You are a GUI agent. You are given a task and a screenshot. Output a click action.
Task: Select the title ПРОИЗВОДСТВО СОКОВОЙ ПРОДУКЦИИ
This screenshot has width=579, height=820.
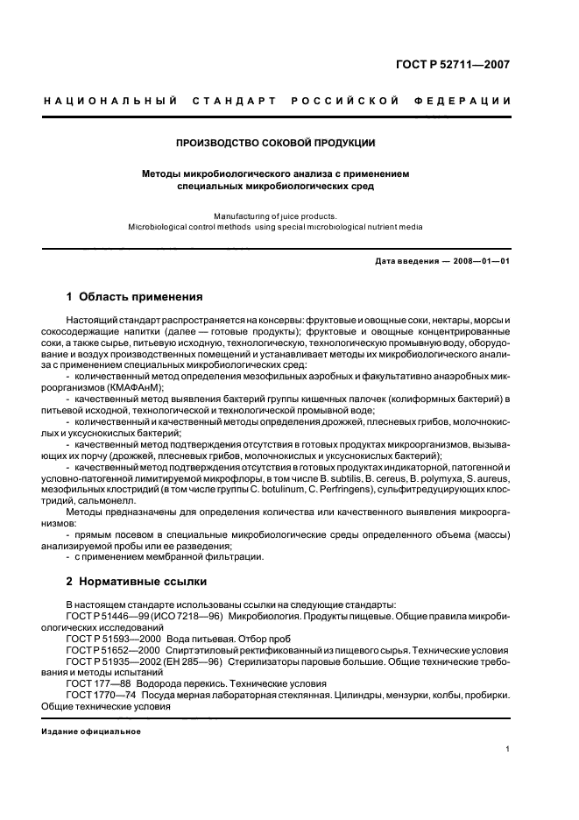[x=277, y=142]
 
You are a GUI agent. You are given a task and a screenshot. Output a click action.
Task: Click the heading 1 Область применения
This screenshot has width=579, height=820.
[x=135, y=297]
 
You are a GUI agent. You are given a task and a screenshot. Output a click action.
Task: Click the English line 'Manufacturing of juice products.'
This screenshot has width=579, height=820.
[x=276, y=215]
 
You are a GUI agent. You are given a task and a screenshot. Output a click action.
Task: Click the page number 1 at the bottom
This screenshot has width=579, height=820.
[x=508, y=750]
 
